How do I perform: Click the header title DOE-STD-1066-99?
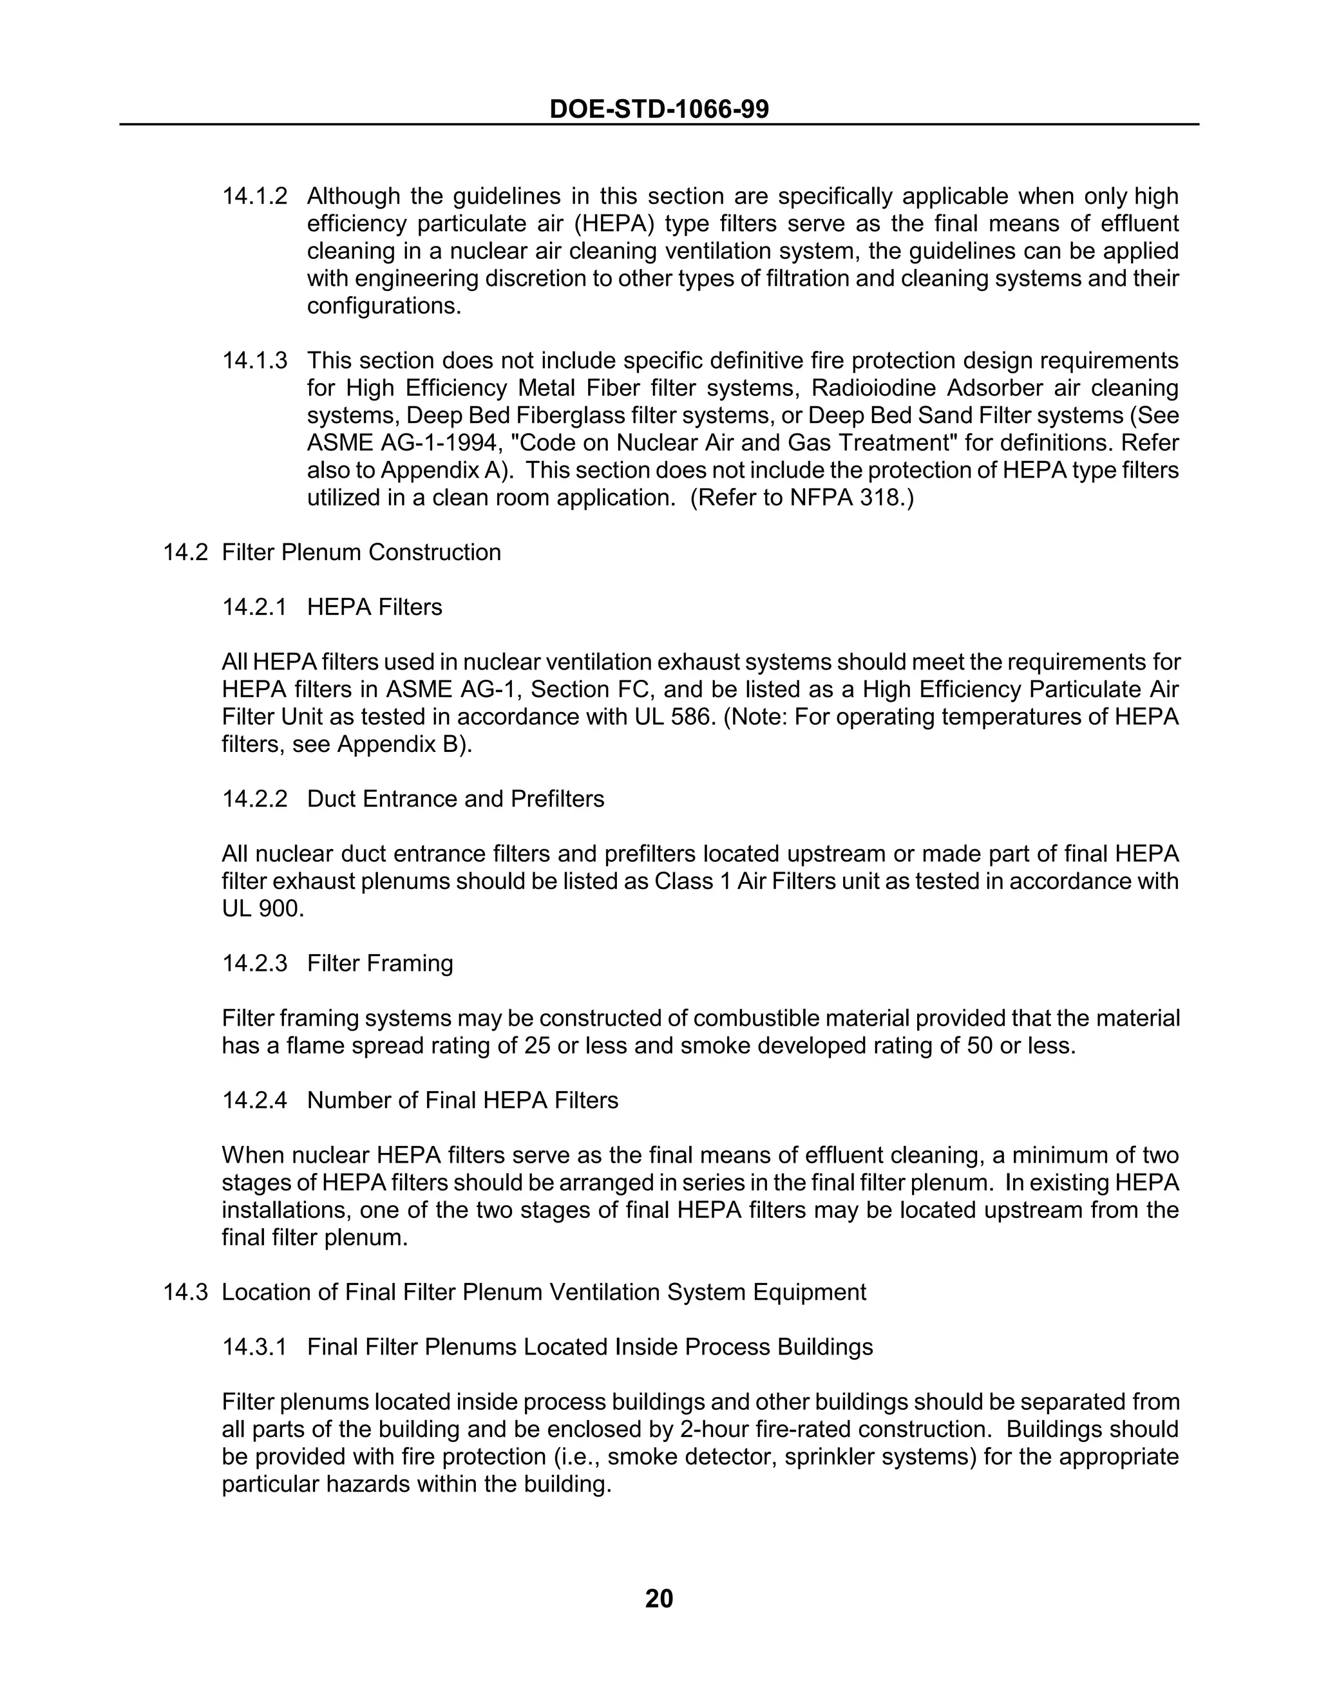(659, 109)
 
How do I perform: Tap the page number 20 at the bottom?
(659, 1598)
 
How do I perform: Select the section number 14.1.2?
(255, 196)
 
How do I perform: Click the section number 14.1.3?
(255, 361)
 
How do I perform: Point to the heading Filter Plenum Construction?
(361, 552)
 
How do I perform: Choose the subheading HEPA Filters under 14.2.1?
(374, 607)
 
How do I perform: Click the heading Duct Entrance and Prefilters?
(455, 799)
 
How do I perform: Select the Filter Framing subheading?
(380, 963)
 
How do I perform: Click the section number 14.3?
(185, 1292)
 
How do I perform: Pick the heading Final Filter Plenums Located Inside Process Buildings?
(590, 1347)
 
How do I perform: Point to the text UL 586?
(675, 717)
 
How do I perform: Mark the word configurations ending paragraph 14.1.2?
(384, 306)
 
